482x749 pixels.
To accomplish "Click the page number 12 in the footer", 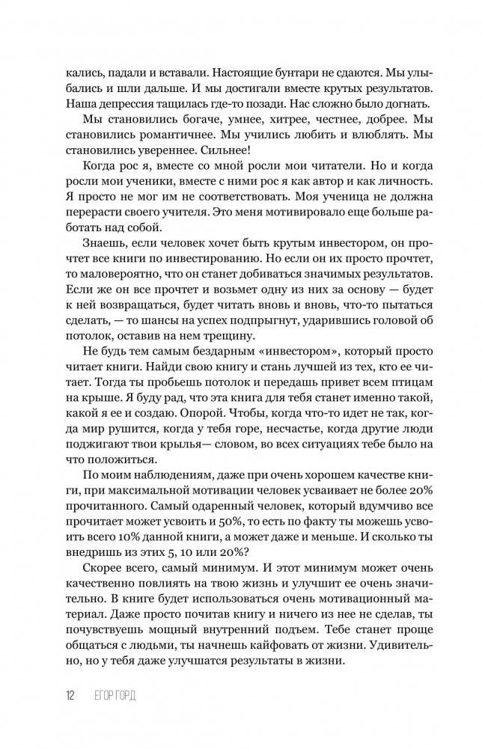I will point(70,695).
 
